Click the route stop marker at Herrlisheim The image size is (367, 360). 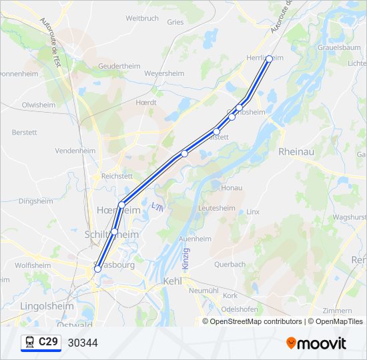pos(269,59)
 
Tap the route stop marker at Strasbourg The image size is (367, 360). pos(97,269)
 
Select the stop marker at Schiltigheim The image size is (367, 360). pos(114,231)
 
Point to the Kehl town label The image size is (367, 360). pos(172,281)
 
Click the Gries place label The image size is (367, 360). pos(175,22)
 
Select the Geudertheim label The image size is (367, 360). pos(119,67)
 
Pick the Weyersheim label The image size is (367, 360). pos(163,73)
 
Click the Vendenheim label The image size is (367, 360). pos(75,151)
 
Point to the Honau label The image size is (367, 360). pos(232,188)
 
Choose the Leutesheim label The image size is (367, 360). pos(217,208)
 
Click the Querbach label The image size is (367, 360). pos(230,264)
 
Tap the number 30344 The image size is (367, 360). pos(83,343)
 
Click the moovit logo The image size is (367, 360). pos(316,343)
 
